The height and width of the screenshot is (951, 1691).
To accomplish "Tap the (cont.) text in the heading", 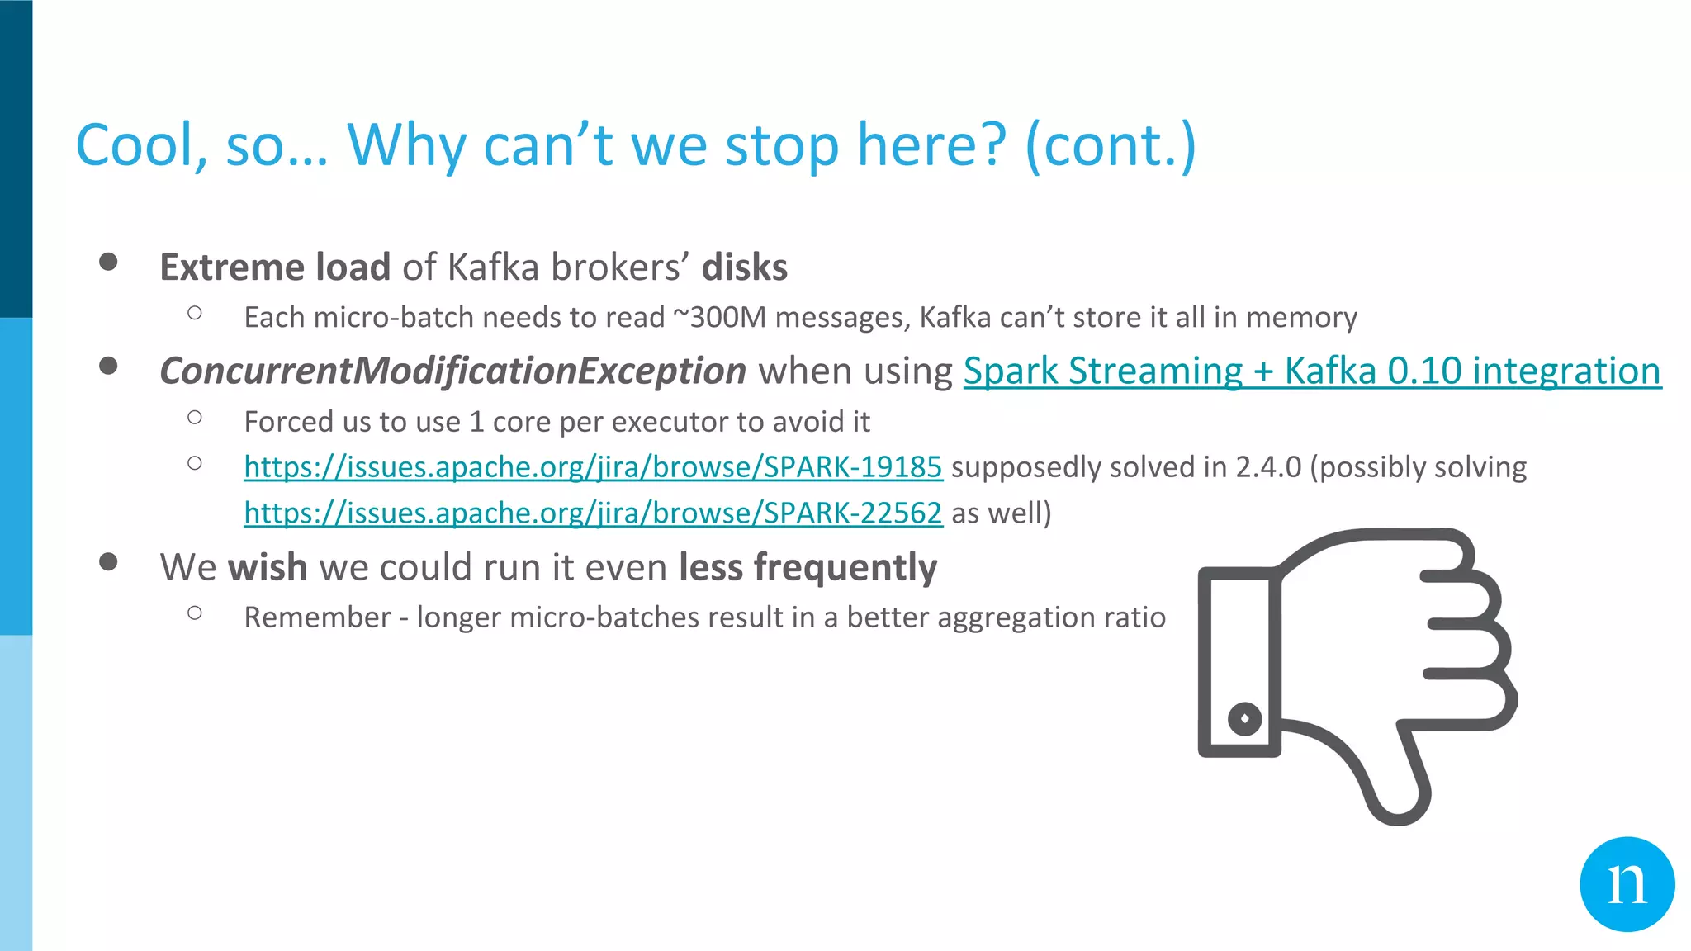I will click(1110, 145).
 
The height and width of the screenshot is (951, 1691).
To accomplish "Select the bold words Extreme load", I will click(275, 267).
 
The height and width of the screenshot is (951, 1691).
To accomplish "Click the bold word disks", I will click(745, 267).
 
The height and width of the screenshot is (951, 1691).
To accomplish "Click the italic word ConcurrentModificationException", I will click(452, 371).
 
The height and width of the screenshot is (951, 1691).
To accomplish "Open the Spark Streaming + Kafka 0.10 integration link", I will click(1312, 371).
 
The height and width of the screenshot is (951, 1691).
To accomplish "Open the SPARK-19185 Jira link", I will click(593, 467).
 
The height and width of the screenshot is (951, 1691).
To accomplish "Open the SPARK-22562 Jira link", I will click(593, 513).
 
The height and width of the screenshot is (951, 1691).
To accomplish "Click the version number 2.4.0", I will click(1267, 467).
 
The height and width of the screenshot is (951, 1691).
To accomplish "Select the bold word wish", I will click(268, 568).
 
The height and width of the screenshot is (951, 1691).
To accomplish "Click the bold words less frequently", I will click(808, 568).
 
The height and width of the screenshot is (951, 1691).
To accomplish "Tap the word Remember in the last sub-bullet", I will click(317, 617).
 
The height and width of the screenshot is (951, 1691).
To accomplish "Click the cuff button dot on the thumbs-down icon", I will click(1244, 718).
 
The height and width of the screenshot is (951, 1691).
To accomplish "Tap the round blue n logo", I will click(1627, 884).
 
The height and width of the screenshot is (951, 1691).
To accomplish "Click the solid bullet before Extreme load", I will click(108, 262).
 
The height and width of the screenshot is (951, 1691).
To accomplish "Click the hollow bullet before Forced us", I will click(195, 418).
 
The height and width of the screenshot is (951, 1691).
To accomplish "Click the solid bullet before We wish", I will click(108, 562).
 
